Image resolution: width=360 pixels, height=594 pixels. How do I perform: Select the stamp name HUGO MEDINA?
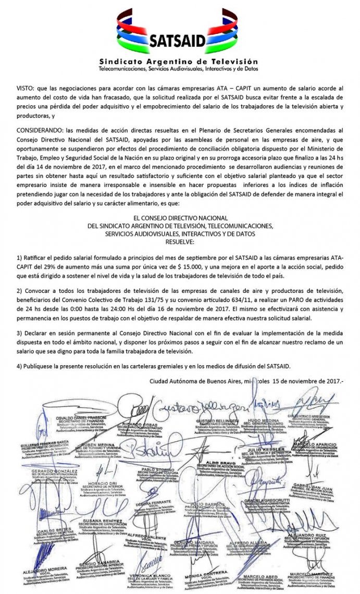pos(260,419)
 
